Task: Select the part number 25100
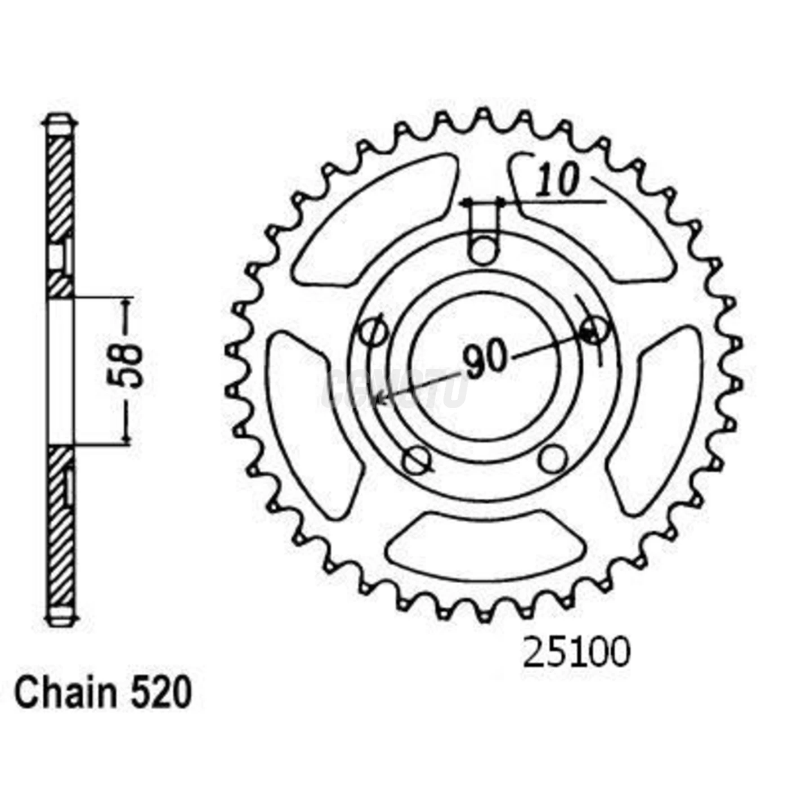tap(576, 653)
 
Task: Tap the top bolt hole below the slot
tap(484, 250)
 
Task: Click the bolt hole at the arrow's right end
tap(594, 329)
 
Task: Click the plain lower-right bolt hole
tap(552, 459)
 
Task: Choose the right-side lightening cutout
tap(659, 422)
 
